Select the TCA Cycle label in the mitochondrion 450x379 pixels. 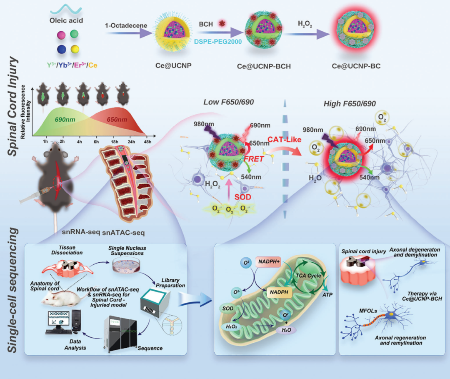309,276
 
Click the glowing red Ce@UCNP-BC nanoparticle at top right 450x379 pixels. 350,38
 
